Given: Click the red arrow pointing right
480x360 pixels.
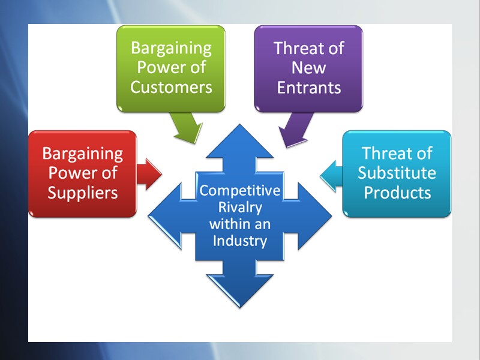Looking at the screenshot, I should point(149,174).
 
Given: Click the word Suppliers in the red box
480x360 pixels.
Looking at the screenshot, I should point(83,193).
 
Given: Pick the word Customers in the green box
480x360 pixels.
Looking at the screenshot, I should point(172,87).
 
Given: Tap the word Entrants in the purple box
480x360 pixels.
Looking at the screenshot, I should point(308,88).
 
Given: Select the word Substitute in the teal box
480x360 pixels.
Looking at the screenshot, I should point(397,173).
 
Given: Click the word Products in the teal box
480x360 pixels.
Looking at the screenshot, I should point(397,193).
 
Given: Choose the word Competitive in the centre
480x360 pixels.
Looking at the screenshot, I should point(240,191).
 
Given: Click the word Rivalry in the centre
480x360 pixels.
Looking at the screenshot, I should point(240,208).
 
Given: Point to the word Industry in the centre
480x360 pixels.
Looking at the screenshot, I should point(240,242).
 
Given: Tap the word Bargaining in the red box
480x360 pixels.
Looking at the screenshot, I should point(83,154).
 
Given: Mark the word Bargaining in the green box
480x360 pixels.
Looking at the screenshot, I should point(172,48).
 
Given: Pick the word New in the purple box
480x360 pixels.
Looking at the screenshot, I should point(308,68).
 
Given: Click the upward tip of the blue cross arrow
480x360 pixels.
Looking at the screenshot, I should point(239,127).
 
